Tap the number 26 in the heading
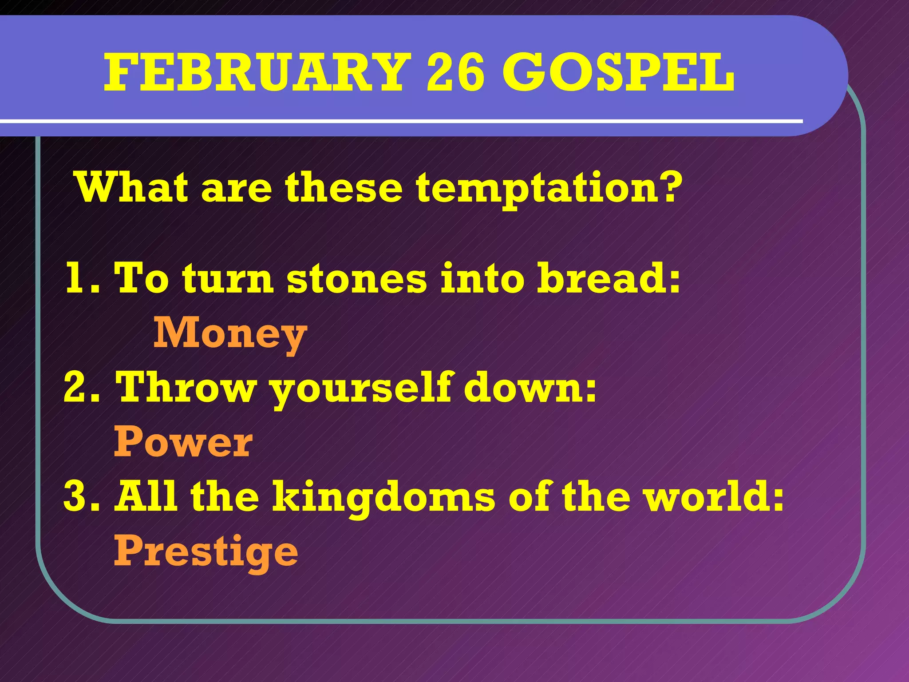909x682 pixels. coord(455,72)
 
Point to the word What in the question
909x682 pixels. coord(131,187)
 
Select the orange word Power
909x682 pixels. coord(183,442)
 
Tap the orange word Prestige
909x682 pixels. coord(206,552)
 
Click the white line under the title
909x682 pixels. coord(399,121)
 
